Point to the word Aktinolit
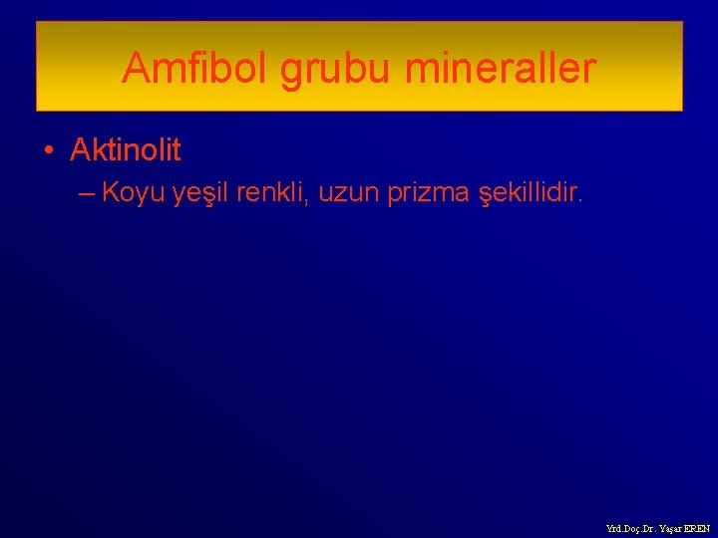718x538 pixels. pos(126,150)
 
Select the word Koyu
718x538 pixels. pos(133,192)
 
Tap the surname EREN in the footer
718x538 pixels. pos(697,529)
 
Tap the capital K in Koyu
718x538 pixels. pos(111,192)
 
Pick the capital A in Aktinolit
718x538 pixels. pos(79,150)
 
